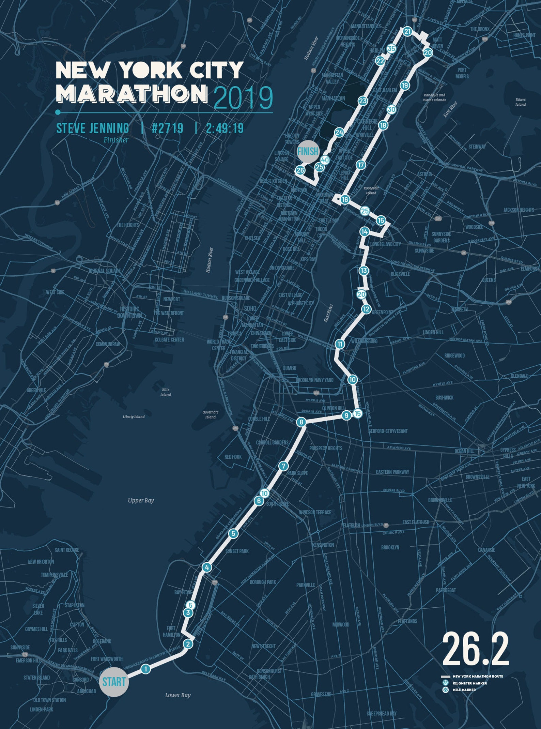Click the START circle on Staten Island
click(x=114, y=682)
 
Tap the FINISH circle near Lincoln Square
click(x=308, y=151)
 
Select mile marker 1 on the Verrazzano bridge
click(x=146, y=669)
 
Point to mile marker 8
click(x=301, y=422)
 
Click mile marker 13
click(x=364, y=271)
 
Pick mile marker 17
click(x=361, y=165)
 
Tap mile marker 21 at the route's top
click(x=407, y=32)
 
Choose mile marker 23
click(x=363, y=101)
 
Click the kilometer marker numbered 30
click(x=392, y=109)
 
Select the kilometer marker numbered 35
click(x=391, y=48)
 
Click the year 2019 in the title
click(x=243, y=97)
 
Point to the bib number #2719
click(x=167, y=128)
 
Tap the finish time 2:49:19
click(x=225, y=128)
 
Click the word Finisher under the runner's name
click(x=116, y=140)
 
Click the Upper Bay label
click(x=141, y=500)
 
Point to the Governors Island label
click(x=210, y=414)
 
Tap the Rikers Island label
click(x=520, y=102)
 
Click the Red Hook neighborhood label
click(x=233, y=457)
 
